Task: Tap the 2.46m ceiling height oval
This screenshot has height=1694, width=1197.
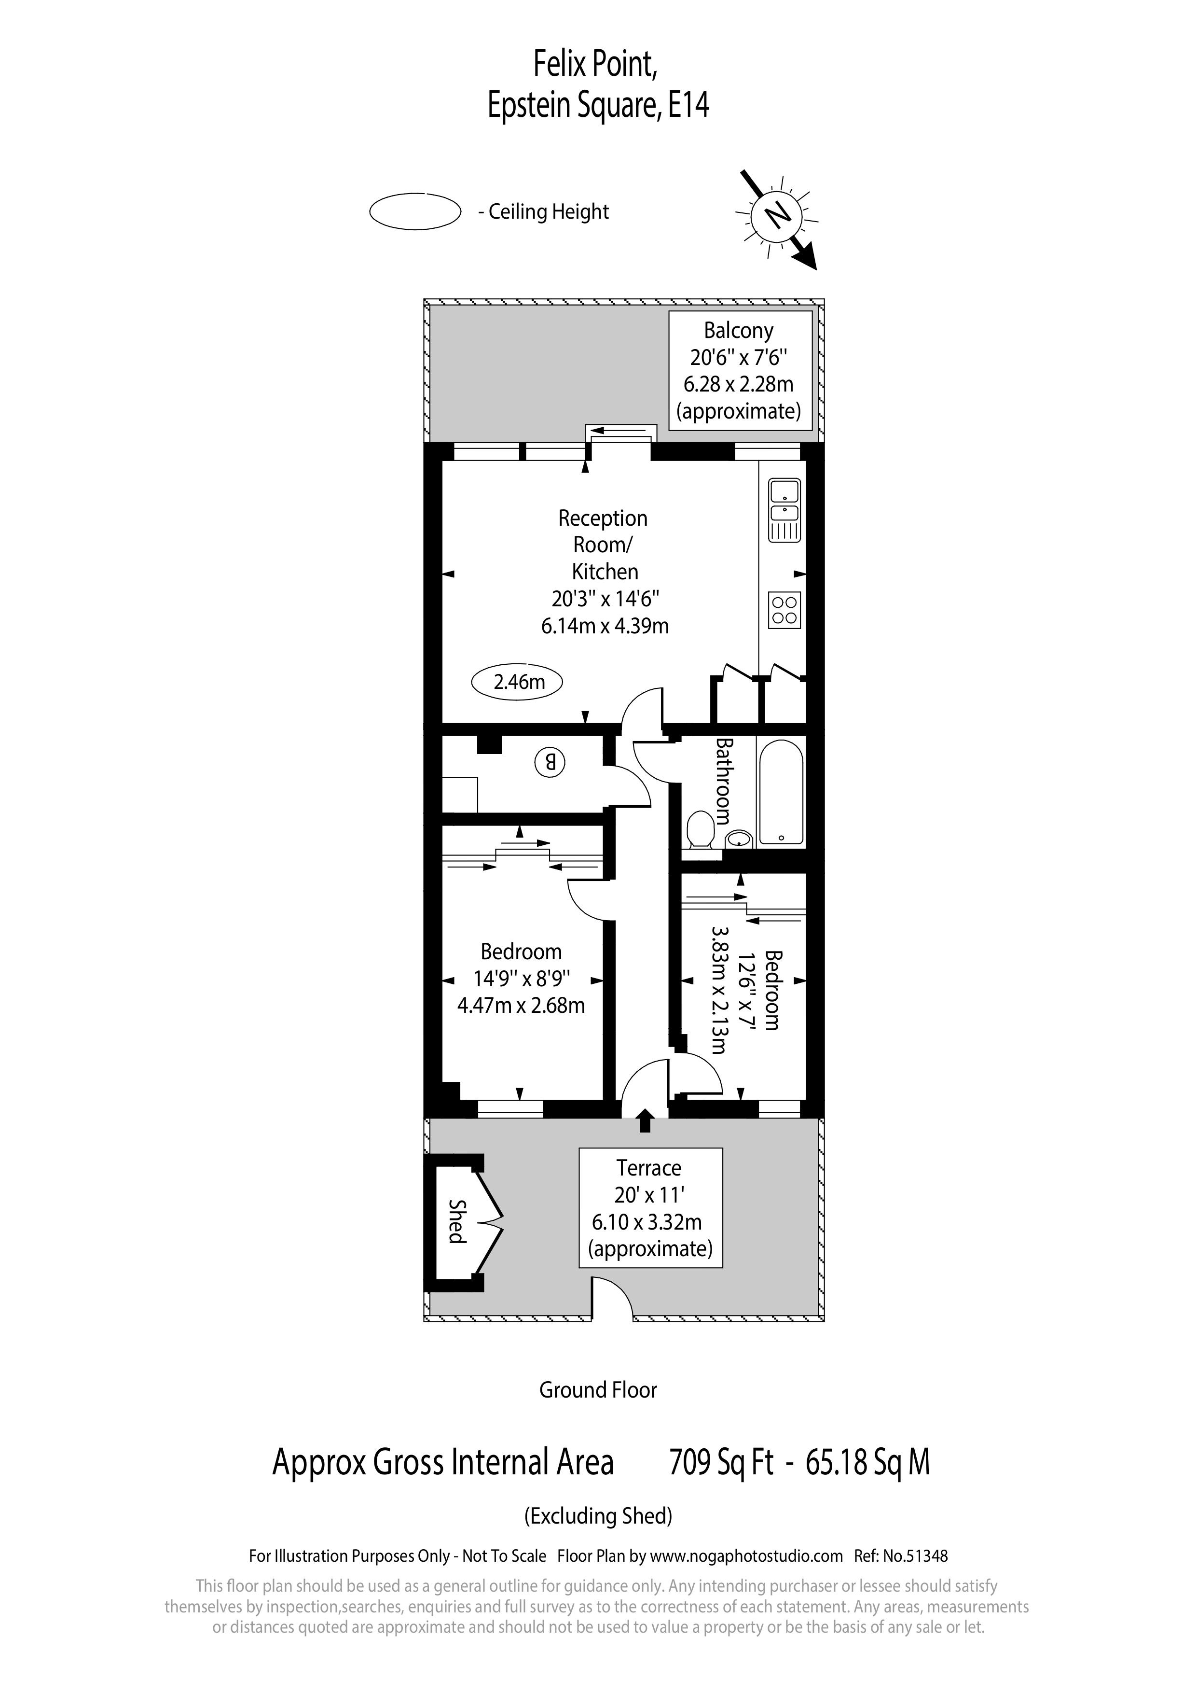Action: click(517, 682)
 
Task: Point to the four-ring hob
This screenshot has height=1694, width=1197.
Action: click(784, 610)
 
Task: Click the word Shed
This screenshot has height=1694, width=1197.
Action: click(458, 1221)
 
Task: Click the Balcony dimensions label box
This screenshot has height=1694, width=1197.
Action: click(740, 370)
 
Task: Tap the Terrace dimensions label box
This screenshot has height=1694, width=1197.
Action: click(650, 1208)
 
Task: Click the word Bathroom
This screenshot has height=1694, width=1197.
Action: click(723, 781)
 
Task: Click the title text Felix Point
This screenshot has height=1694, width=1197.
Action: click(594, 65)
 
